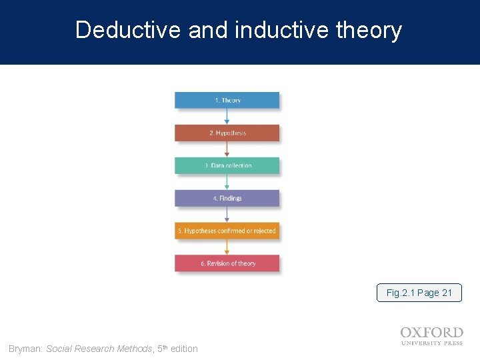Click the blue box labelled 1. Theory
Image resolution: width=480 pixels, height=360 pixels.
pyautogui.click(x=227, y=100)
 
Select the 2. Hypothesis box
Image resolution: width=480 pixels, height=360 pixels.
pyautogui.click(x=227, y=133)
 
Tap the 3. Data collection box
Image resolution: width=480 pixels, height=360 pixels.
pyautogui.click(x=227, y=165)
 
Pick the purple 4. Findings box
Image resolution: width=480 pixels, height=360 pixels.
pyautogui.click(x=227, y=198)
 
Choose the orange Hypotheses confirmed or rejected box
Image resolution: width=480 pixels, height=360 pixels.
pyautogui.click(x=227, y=231)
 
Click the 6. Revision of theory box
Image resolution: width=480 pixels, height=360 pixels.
pyautogui.click(x=227, y=263)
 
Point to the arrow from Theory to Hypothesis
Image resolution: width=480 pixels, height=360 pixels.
pyautogui.click(x=227, y=117)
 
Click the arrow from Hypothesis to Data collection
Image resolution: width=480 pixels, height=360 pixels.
pyautogui.click(x=227, y=149)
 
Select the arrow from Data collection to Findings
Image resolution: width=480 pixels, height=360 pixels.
pyautogui.click(x=227, y=182)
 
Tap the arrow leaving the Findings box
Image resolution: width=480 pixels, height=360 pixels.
pyautogui.click(x=227, y=215)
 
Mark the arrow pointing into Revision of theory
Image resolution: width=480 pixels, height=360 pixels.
pyautogui.click(x=227, y=247)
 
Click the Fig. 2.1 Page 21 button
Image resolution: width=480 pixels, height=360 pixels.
pyautogui.click(x=419, y=293)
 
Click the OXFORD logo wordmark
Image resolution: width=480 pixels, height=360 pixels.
pyautogui.click(x=431, y=333)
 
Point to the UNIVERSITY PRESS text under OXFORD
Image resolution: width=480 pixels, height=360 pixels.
pyautogui.click(x=431, y=344)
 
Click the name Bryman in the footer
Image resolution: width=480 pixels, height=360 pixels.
pyautogui.click(x=25, y=349)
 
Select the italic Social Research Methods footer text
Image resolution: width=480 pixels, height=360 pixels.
pyautogui.click(x=99, y=349)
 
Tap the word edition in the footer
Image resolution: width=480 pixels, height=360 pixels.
pyautogui.click(x=184, y=349)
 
